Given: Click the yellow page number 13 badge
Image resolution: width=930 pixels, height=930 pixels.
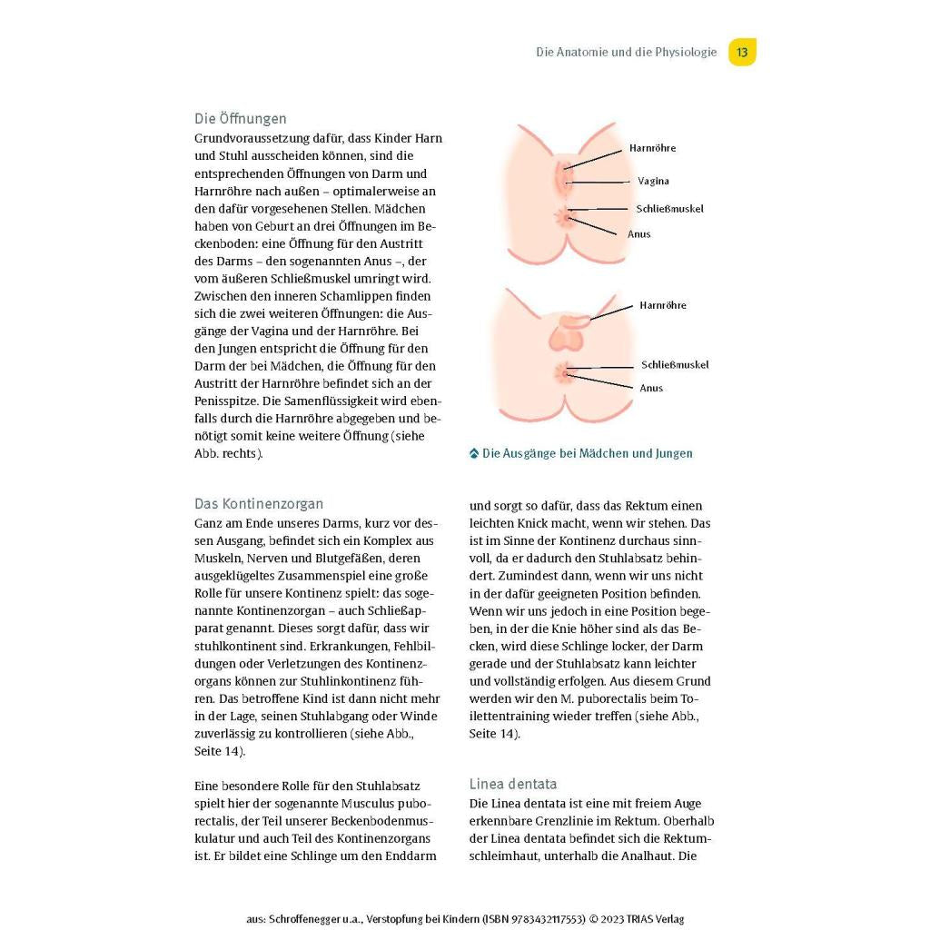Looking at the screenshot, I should [742, 52].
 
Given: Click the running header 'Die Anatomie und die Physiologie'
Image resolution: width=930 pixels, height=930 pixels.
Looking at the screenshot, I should [626, 53].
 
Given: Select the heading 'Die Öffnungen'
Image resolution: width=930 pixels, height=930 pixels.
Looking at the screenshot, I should [240, 119].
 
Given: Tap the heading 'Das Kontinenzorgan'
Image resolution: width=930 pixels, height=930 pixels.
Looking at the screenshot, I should [259, 504].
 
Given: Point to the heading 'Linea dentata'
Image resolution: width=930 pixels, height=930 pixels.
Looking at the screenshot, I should [513, 784].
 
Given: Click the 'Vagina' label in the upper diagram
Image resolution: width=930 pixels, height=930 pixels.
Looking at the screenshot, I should [653, 181].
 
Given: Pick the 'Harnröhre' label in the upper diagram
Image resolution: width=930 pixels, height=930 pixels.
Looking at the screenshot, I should [652, 148].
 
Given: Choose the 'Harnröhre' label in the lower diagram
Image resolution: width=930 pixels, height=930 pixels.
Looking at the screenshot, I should [663, 306].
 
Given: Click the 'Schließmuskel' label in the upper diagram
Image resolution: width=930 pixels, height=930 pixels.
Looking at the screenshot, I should [669, 209].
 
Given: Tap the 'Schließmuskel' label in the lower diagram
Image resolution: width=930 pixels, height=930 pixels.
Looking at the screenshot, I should [675, 365].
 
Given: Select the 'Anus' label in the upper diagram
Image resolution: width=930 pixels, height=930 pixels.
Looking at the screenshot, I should [639, 234].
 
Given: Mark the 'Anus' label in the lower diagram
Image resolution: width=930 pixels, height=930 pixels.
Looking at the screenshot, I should [651, 389].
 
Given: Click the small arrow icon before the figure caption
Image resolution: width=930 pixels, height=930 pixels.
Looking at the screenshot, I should [474, 453].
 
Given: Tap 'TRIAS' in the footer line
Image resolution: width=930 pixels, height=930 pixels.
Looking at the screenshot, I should [631, 919].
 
